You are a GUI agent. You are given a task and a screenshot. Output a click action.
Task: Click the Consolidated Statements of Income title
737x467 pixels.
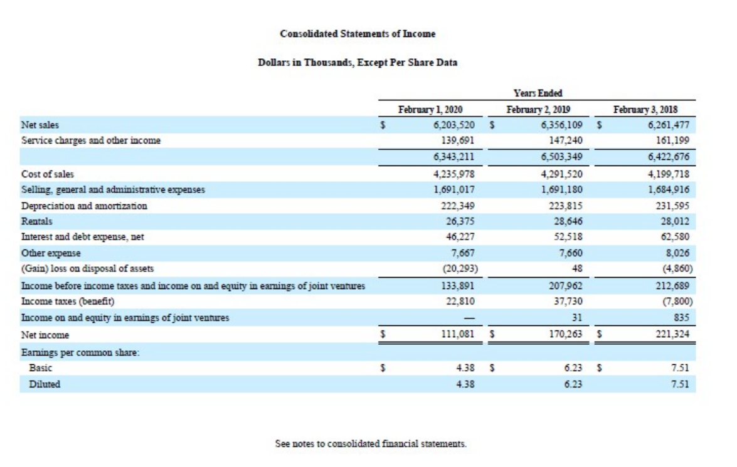coord(358,33)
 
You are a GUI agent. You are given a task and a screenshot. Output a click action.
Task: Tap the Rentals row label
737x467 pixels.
coord(37,221)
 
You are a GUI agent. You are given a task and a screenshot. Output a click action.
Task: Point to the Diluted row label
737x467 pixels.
coord(45,384)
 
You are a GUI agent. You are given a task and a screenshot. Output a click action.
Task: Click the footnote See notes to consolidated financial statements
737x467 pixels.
coord(371,443)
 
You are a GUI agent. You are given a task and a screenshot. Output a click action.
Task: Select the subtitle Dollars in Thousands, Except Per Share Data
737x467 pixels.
coord(358,63)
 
